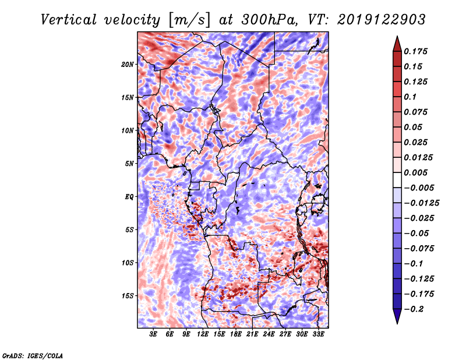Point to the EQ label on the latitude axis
(129, 196)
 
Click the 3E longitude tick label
(154, 334)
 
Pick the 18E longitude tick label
(236, 334)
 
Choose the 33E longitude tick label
(319, 334)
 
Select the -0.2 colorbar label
(416, 309)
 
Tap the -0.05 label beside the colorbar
(418, 233)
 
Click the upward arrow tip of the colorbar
(396, 38)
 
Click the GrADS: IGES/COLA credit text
(32, 355)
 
